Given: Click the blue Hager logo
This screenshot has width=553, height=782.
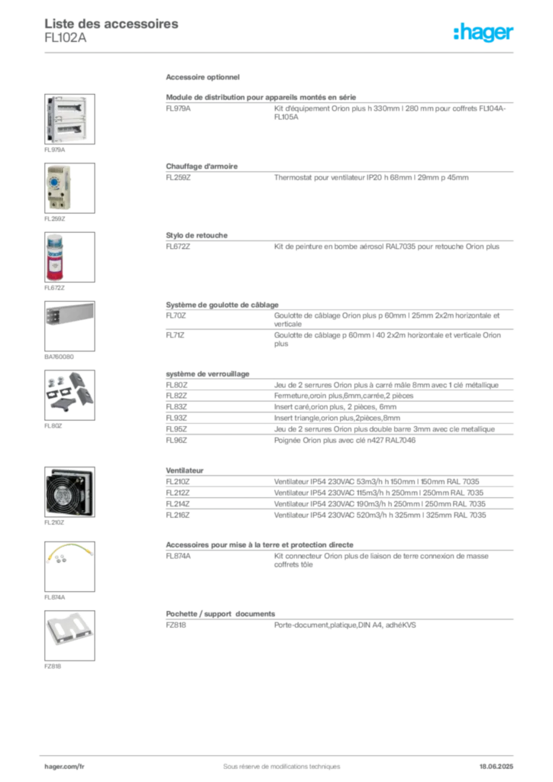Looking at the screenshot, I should pyautogui.click(x=484, y=33).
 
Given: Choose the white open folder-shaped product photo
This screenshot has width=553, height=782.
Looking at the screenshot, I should pyautogui.click(x=70, y=632).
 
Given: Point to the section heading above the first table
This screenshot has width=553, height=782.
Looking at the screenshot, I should pyautogui.click(x=205, y=79).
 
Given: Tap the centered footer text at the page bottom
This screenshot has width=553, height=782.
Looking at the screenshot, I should pyautogui.click(x=276, y=761).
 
